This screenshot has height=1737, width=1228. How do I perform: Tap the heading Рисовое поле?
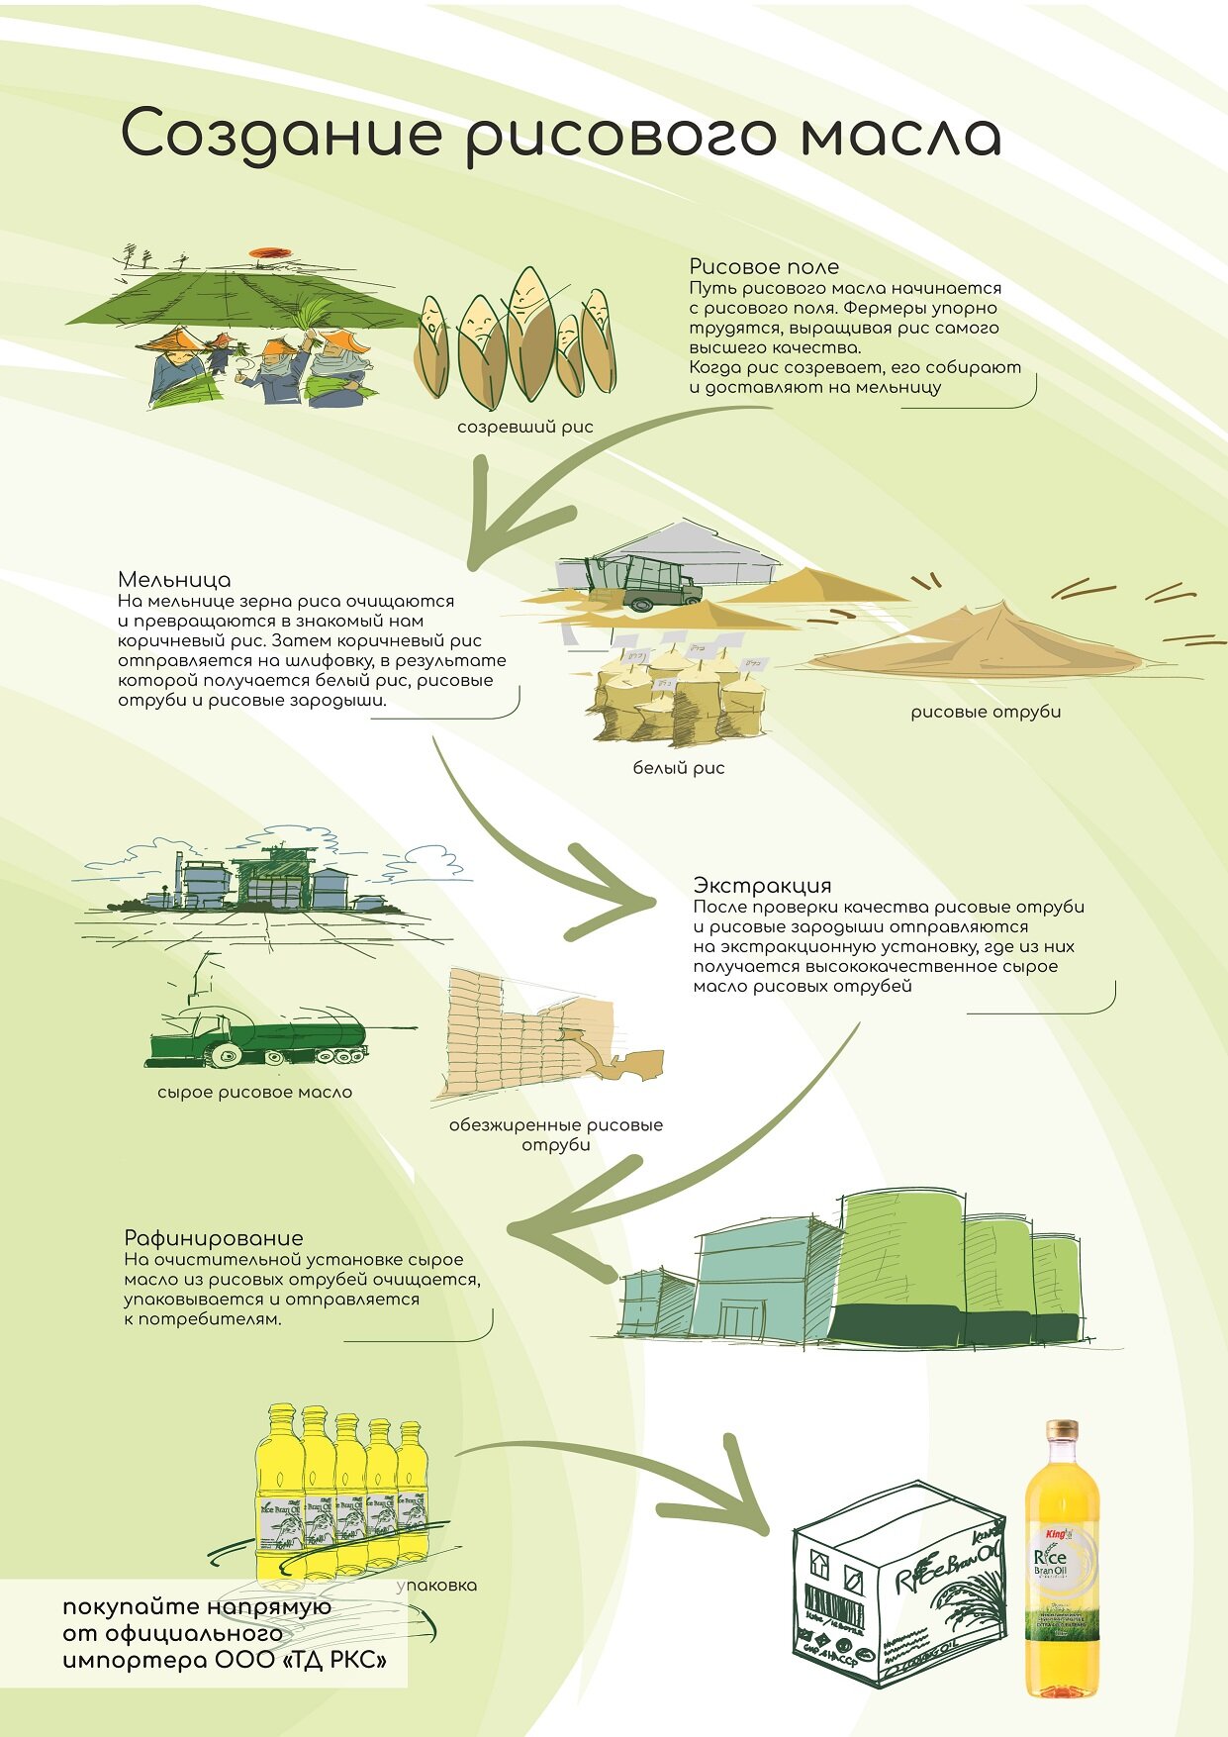[764, 266]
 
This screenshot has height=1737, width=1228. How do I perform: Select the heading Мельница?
[174, 579]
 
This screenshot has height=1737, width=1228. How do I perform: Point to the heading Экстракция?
[762, 885]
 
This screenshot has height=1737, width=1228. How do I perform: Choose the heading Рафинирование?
[214, 1238]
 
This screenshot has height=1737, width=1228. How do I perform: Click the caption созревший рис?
[525, 428]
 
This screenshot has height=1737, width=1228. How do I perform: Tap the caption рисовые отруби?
[986, 712]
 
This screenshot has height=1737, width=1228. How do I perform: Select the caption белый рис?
[679, 768]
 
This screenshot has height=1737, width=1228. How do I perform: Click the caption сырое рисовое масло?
[254, 1093]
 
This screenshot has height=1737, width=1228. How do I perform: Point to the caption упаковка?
[436, 1586]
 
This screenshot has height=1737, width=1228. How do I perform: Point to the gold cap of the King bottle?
[1062, 1431]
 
